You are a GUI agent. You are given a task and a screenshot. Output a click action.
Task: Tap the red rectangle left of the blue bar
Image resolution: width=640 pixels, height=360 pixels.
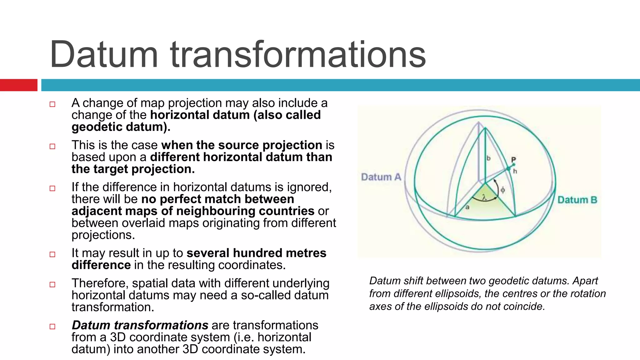(18, 85)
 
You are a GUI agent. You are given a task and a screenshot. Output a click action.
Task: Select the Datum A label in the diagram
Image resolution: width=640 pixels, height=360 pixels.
(381, 177)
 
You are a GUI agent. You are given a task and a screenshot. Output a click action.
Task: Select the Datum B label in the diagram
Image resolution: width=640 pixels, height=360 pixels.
(577, 200)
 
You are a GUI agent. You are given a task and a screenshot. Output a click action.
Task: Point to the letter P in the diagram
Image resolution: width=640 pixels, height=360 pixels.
(513, 160)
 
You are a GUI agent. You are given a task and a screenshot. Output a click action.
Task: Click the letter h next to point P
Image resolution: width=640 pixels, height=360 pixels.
(515, 171)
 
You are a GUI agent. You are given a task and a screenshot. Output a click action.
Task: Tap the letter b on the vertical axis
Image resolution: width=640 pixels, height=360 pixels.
(488, 158)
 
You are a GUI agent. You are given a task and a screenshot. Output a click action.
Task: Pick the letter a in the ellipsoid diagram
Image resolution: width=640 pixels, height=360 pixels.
(467, 207)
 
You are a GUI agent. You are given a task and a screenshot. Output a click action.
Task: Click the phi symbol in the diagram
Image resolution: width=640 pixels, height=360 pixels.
(502, 190)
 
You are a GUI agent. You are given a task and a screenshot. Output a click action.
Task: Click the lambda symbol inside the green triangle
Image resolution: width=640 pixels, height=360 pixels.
(484, 197)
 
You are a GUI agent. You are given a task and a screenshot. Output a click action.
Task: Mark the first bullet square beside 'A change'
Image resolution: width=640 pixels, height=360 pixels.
(52, 104)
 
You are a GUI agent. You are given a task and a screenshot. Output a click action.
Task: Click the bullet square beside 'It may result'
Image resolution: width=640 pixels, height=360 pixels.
(52, 254)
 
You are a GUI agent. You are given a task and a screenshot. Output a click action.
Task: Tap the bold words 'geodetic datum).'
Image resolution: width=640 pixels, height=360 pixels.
(121, 127)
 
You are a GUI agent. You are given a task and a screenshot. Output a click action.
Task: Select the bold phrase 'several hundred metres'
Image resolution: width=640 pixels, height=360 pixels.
(256, 253)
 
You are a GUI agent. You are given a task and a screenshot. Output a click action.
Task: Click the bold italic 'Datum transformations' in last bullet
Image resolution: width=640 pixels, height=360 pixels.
(140, 325)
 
